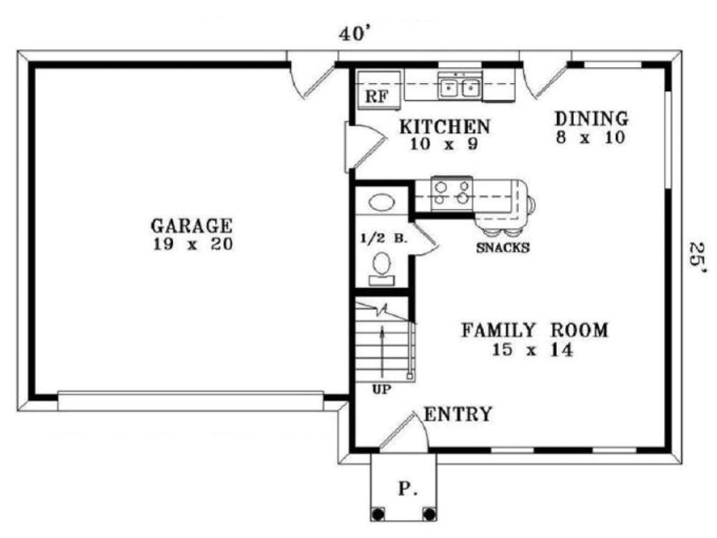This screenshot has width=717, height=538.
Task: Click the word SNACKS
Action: pos(502,248)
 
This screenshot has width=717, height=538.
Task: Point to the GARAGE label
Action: pos(191,226)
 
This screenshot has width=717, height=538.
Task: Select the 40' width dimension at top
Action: pos(355,35)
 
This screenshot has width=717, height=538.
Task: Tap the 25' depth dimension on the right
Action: pos(697,258)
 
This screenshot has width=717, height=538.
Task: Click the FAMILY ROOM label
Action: pos(534,330)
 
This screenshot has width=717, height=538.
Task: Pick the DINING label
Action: pos(591,119)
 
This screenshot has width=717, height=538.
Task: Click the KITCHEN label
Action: pos(444,127)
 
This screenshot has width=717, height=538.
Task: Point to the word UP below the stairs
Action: pos(383,389)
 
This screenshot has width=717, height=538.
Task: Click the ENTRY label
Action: pos(458,415)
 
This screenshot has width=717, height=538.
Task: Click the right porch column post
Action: pos(429,513)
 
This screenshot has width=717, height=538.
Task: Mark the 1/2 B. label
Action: pos(383,238)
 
